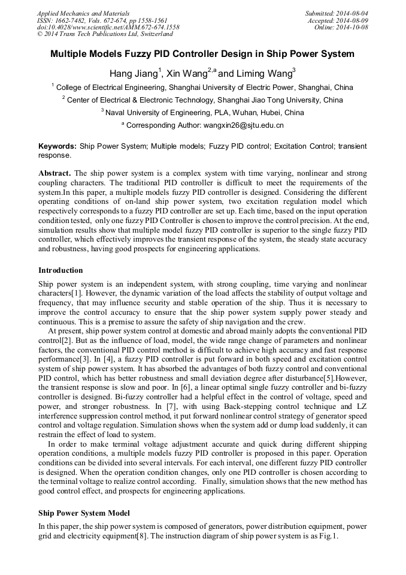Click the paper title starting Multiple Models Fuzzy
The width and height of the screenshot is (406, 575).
(202, 54)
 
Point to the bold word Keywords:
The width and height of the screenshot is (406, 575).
(57, 146)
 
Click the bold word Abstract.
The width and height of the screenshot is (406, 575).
(54, 173)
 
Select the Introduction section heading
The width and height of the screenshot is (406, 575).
(60, 270)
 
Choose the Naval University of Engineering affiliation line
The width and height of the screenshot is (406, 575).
(202, 113)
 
